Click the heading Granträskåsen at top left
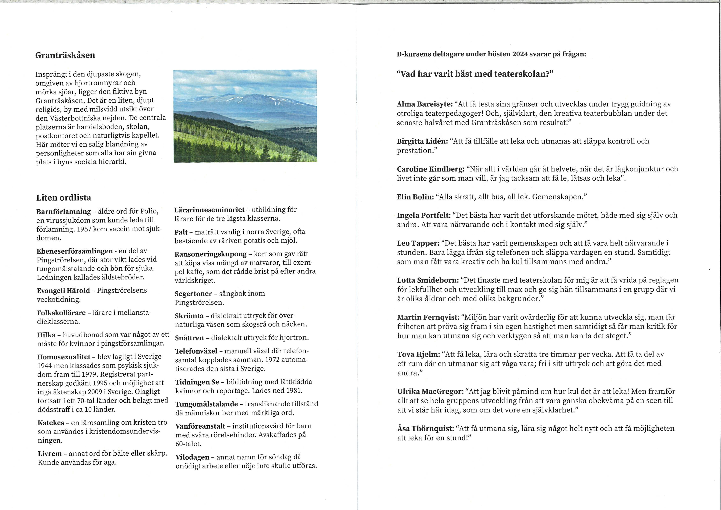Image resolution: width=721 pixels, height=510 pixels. click(65, 55)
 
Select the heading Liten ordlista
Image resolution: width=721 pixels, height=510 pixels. click(64, 198)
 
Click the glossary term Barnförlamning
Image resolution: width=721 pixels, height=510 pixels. click(64, 211)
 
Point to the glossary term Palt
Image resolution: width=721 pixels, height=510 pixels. click(181, 232)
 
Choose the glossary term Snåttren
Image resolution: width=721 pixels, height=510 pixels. click(189, 338)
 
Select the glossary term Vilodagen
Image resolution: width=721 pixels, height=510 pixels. click(192, 457)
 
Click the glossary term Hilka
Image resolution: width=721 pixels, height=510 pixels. click(46, 335)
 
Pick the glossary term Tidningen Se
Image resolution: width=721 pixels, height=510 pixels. click(197, 382)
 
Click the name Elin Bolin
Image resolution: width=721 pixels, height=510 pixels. click(415, 197)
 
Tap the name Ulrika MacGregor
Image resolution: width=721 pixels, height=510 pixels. click(430, 392)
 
